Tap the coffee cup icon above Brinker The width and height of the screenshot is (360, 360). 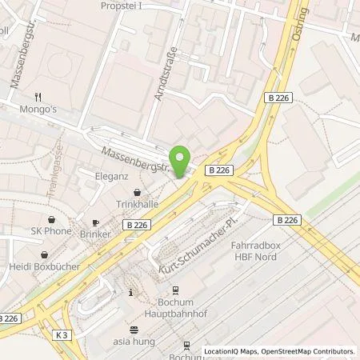(x=94, y=223)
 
